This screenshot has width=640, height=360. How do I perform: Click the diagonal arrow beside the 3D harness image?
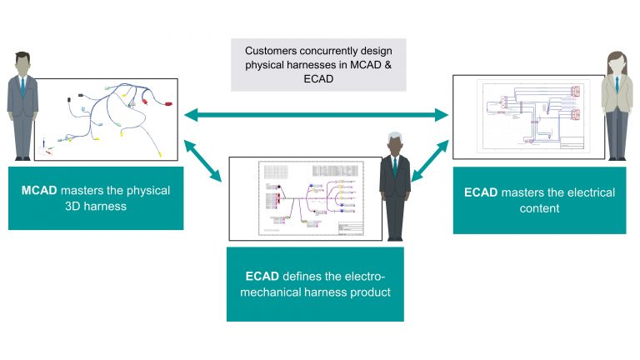coord(203,161)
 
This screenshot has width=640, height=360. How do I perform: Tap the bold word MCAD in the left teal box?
coord(38,191)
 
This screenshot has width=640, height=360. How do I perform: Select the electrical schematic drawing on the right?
coord(528,117)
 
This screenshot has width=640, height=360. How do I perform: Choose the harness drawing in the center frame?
coord(308,198)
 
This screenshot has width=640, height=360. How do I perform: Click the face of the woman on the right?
coord(614,62)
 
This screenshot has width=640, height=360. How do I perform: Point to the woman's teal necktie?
coord(615,87)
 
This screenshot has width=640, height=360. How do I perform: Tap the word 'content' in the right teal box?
coord(539,208)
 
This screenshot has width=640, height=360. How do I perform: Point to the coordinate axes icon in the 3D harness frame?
coord(45,152)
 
